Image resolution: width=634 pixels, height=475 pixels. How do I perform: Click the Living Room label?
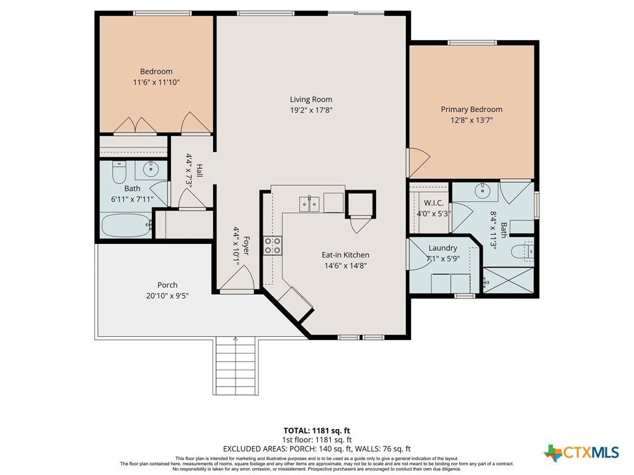click(x=311, y=99)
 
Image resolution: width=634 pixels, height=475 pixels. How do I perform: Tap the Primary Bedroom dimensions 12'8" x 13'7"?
click(x=472, y=120)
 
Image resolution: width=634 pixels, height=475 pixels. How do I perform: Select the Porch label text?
click(x=167, y=285)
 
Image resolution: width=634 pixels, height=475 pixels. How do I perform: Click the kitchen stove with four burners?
click(x=273, y=246)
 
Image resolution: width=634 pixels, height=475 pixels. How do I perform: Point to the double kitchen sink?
click(x=309, y=204)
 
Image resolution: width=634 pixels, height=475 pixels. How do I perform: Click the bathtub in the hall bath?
click(x=126, y=225)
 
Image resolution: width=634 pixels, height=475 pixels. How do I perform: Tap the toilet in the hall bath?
click(x=119, y=172)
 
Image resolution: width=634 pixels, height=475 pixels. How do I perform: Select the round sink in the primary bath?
click(x=483, y=190)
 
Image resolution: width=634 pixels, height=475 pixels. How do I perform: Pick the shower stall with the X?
click(x=509, y=281)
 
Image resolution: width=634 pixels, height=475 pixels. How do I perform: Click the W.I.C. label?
click(x=433, y=203)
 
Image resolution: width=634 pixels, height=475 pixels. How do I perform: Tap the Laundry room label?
click(x=442, y=248)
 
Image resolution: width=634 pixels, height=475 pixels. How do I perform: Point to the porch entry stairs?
click(x=236, y=366)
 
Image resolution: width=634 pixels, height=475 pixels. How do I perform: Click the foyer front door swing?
click(x=237, y=278)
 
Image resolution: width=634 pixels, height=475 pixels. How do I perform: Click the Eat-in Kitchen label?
click(x=345, y=255)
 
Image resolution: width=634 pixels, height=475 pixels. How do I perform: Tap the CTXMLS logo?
click(x=581, y=452)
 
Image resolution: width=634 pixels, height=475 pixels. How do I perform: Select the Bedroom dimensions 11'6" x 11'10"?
click(x=156, y=82)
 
